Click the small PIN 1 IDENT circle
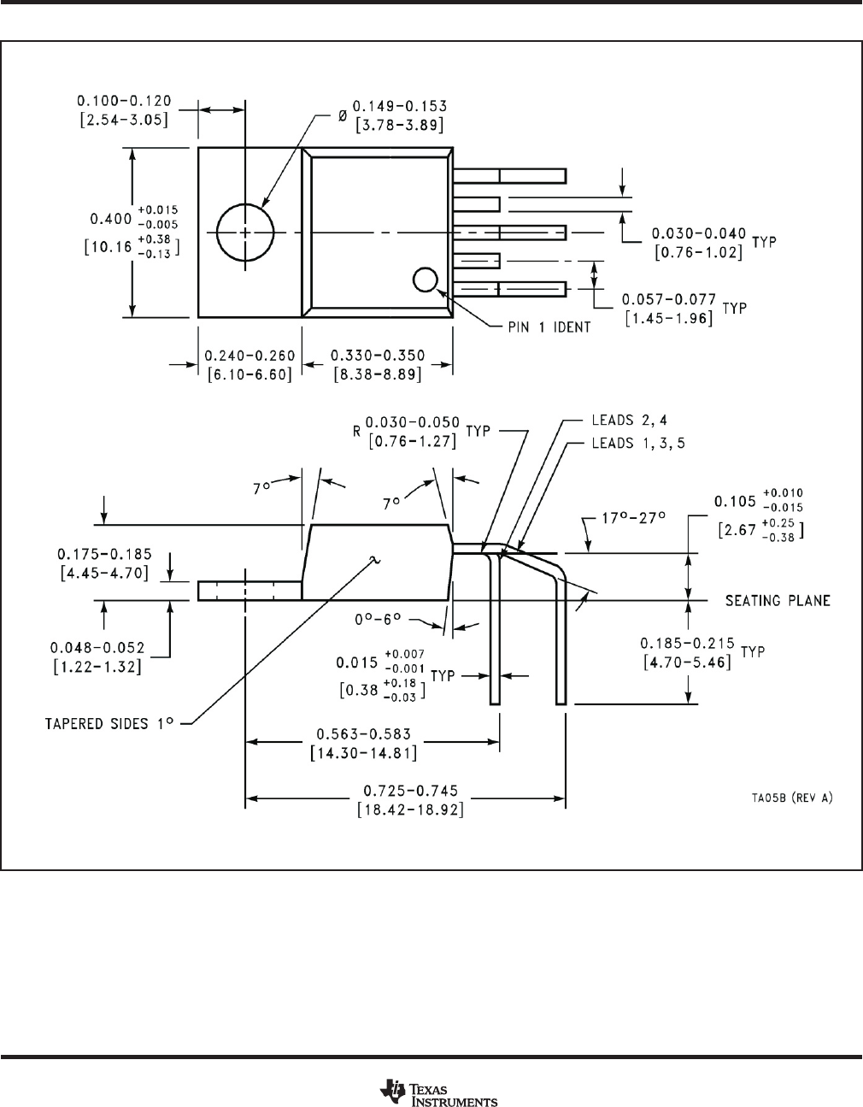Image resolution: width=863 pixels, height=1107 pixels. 425,280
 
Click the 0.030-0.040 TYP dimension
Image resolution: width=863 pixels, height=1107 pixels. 698,233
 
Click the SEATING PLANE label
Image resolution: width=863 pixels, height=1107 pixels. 778,601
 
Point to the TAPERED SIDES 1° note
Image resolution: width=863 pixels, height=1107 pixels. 109,722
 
